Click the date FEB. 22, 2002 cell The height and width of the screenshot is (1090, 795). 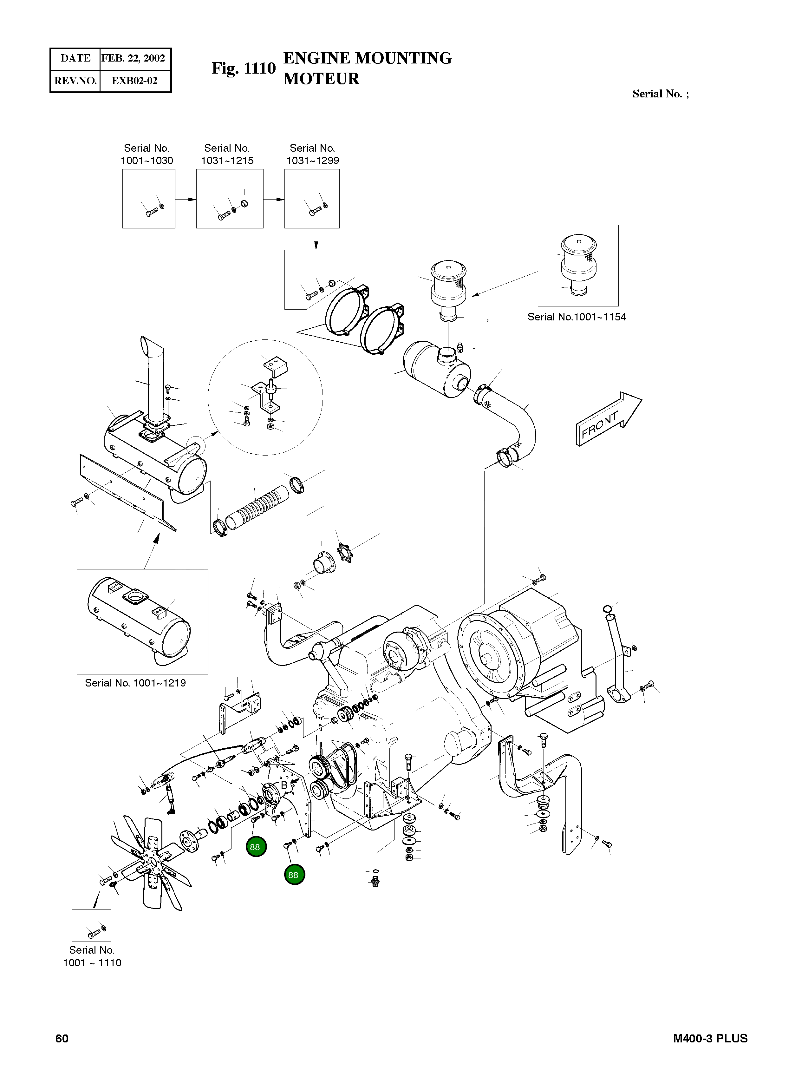pyautogui.click(x=133, y=58)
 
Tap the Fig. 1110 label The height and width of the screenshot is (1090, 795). pyautogui.click(x=244, y=69)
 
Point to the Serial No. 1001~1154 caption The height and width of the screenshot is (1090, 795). pyautogui.click(x=577, y=317)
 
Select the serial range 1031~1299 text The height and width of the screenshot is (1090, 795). pyautogui.click(x=313, y=161)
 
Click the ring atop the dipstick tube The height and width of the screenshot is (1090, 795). pyautogui.click(x=608, y=609)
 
